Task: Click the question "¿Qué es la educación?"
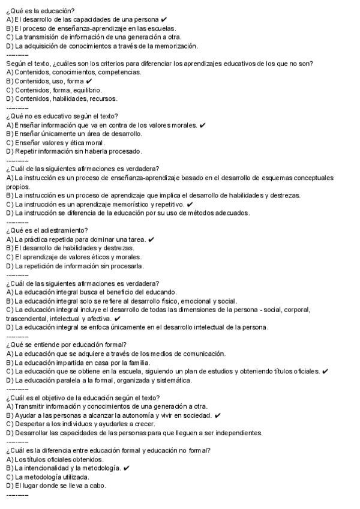[40, 11]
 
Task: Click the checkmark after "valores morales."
[203, 125]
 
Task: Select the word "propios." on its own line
[17, 187]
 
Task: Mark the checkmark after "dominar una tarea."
[151, 239]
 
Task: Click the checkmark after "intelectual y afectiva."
[117, 319]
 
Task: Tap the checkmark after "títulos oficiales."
[325, 372]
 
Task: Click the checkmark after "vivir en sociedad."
[217, 415]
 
